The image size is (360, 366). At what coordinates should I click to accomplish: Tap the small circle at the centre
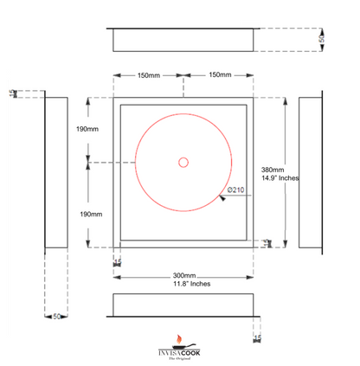[x=183, y=162]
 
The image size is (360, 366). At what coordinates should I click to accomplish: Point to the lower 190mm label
[x=89, y=214]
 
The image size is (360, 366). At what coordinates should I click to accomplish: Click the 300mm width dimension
[x=183, y=275]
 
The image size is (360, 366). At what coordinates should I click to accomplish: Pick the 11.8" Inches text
[x=183, y=284]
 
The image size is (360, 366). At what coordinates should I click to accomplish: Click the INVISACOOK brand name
[x=178, y=353]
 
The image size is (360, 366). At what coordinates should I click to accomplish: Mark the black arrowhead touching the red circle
[x=222, y=198]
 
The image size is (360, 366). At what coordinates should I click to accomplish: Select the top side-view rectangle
[x=183, y=40]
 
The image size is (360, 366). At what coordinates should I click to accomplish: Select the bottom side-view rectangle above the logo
[x=183, y=304]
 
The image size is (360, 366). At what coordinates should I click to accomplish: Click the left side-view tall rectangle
[x=56, y=172]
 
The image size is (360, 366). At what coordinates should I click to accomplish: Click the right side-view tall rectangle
[x=311, y=172]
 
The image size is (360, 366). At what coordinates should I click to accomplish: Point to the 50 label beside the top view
[x=323, y=40]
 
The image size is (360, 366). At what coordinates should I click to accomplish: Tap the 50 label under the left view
[x=56, y=317]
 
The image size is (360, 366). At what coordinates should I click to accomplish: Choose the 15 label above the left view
[x=12, y=93]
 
